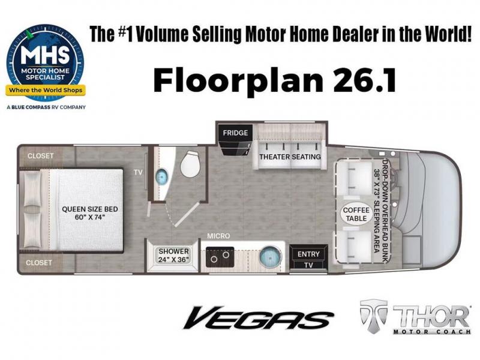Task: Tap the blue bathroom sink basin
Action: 162,176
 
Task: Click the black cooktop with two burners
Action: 220,257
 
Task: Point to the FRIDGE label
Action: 235,133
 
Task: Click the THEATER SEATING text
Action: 290,157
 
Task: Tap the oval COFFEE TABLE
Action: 356,214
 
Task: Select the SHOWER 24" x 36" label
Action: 173,255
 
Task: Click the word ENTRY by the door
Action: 308,254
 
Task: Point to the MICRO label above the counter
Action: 218,236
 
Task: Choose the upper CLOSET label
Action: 40,156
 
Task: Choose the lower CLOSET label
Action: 38,263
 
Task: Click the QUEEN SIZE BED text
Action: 89,209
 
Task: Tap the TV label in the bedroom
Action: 138,172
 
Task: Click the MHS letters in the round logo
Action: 45,55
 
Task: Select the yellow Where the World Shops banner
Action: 46,91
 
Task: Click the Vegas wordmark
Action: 258,318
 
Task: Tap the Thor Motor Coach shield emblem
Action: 373,316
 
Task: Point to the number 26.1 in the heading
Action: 364,80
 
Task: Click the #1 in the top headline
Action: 126,34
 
